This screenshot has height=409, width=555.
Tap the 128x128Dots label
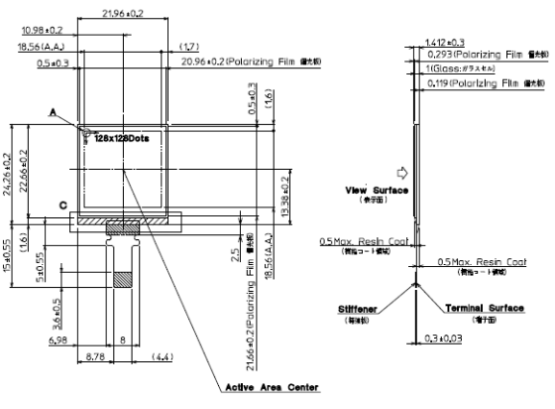pos(121,138)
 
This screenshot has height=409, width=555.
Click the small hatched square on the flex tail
pos(123,280)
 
